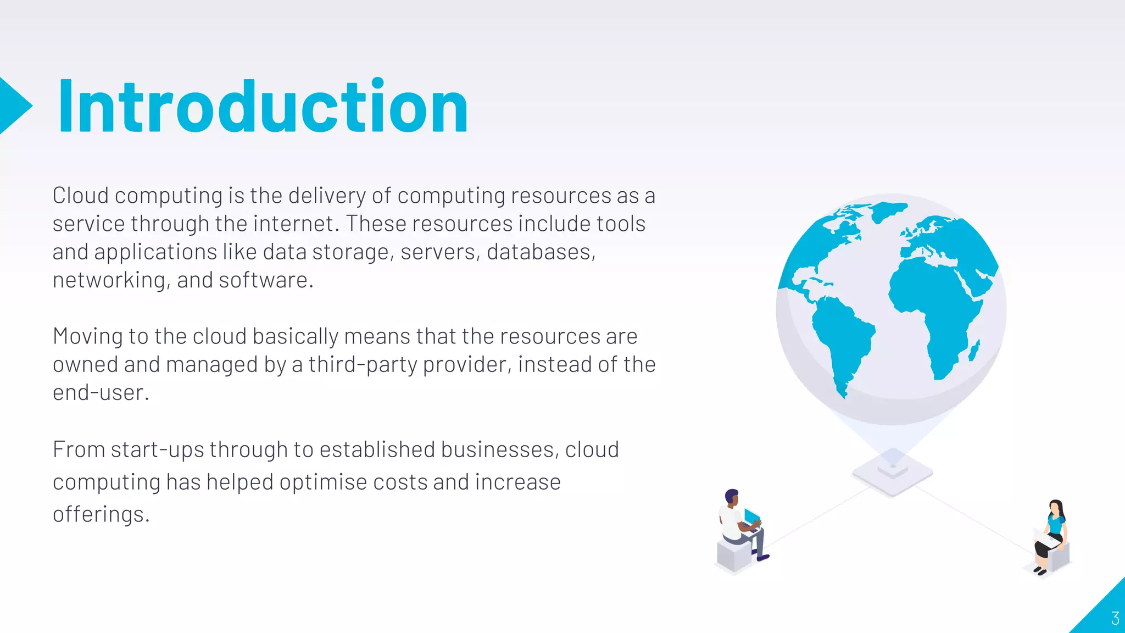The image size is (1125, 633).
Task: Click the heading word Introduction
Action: [x=263, y=107]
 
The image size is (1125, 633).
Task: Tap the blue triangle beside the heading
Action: [x=13, y=105]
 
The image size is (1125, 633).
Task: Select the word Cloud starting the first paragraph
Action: [x=80, y=196]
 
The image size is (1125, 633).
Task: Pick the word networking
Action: [x=109, y=280]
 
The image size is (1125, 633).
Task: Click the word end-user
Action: [x=99, y=393]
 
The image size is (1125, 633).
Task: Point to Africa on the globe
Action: [x=934, y=308]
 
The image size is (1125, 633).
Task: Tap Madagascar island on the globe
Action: [x=974, y=351]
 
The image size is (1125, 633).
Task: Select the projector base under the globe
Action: [x=893, y=473]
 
